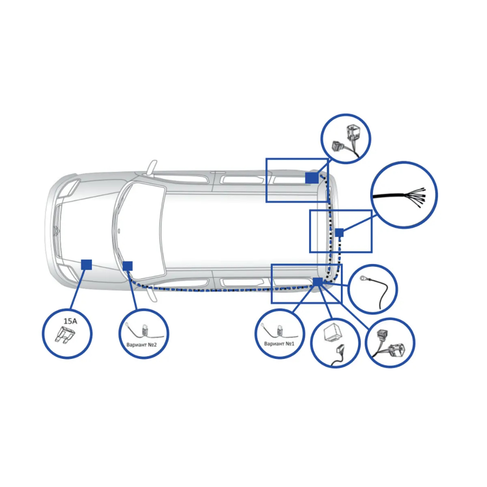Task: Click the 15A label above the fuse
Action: [x=70, y=321]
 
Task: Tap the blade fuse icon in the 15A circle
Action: [x=65, y=335]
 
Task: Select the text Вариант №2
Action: [x=142, y=345]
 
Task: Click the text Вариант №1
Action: [x=279, y=344]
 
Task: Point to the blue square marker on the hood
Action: [x=86, y=264]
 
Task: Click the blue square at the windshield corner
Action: [x=128, y=266]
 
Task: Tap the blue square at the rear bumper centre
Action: [x=339, y=232]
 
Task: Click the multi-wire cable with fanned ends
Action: [x=399, y=197]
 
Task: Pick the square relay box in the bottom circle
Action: [x=333, y=333]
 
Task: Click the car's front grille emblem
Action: [x=56, y=231]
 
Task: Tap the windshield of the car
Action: [x=141, y=230]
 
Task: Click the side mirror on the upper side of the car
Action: [x=152, y=167]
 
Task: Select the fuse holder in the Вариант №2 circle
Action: [x=145, y=330]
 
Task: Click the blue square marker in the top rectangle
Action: [x=312, y=178]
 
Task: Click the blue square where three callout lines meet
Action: [x=318, y=282]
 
